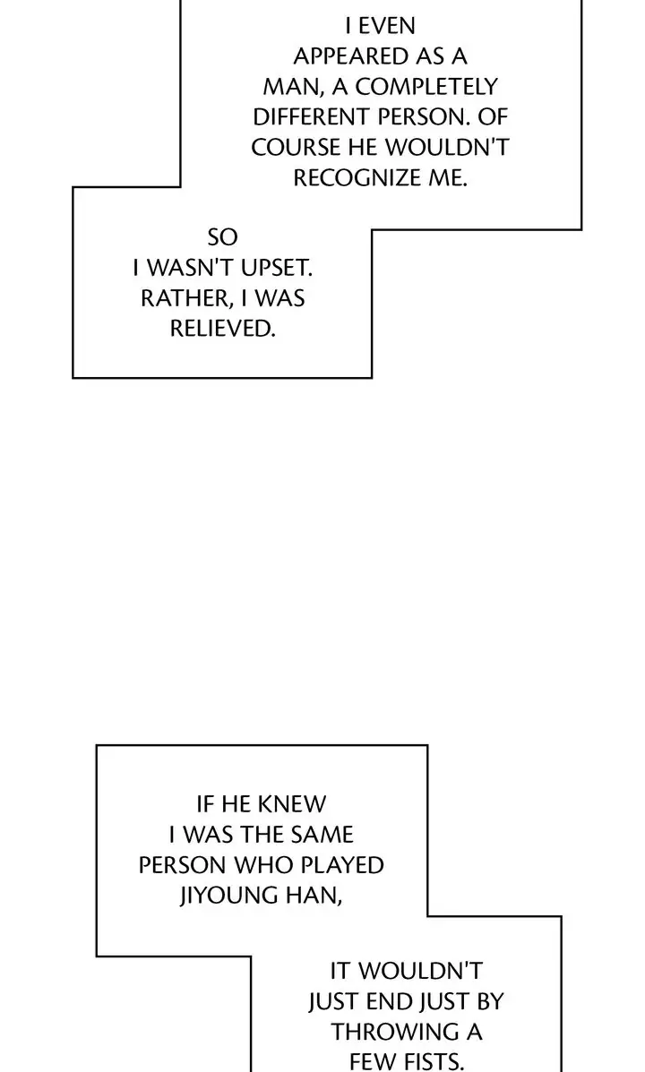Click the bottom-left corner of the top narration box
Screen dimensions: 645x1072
[73, 377]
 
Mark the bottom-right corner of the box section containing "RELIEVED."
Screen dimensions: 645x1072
[372, 377]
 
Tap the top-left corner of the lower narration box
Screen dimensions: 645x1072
[97, 746]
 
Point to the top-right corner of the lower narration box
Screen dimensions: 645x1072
[427, 746]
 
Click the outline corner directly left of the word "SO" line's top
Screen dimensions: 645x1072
[73, 186]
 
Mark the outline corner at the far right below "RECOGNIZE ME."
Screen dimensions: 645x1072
[581, 229]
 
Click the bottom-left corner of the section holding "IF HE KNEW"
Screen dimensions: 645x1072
[97, 955]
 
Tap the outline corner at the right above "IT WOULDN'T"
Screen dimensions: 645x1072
[561, 916]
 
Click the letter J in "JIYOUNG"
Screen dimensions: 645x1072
[184, 896]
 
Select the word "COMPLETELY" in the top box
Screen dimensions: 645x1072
[426, 87]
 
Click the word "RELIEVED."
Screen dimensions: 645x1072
[222, 329]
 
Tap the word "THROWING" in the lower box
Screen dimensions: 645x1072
[389, 1032]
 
